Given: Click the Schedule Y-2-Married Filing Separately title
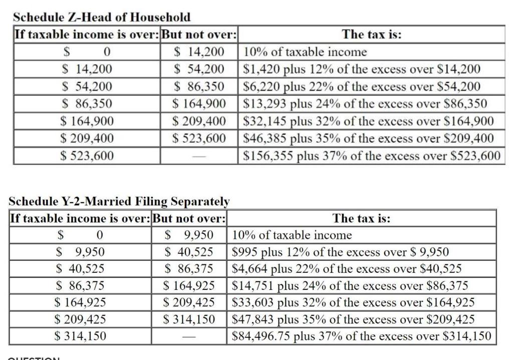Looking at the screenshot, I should point(119,201).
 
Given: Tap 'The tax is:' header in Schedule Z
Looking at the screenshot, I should point(371,35).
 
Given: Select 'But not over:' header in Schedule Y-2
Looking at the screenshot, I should point(189,218).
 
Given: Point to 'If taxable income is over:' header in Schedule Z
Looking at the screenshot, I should point(87,35).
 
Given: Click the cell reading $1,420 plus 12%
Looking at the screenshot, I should point(362,69).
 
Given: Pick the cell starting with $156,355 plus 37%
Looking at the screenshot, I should point(371,156).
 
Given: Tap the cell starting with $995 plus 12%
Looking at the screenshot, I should point(341,252).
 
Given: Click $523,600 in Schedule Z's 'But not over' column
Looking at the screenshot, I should point(199,138).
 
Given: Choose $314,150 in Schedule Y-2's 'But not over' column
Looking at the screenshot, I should point(189,319).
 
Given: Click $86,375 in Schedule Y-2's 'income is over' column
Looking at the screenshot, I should point(80,285).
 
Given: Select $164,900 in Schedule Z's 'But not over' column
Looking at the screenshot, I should point(199,104).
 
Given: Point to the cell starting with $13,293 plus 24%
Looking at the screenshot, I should point(365,104).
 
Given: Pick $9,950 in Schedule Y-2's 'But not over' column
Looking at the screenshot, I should point(189,235).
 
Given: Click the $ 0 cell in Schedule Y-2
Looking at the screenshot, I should point(80,235).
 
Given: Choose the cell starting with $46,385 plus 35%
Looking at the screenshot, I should point(368,138).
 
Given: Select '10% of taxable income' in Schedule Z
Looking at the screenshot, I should point(305,52).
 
